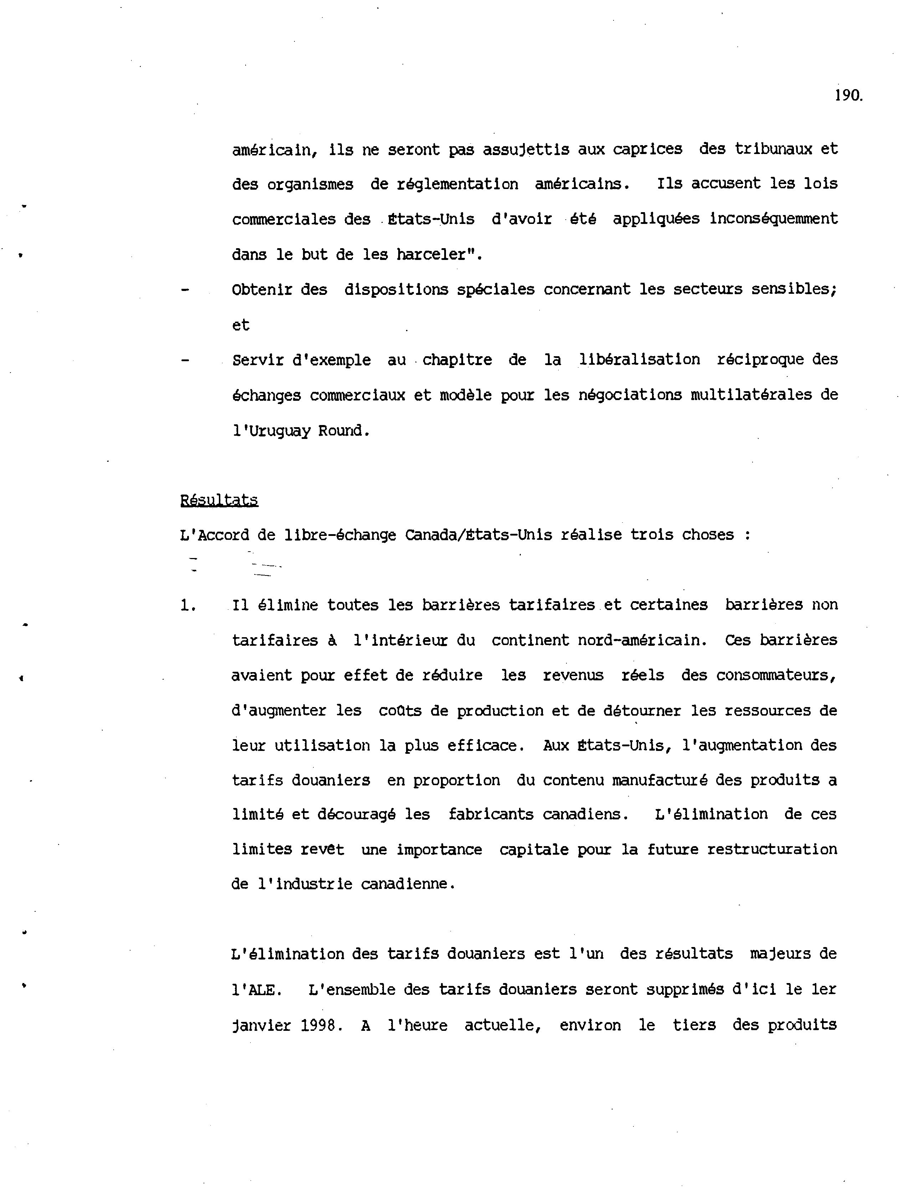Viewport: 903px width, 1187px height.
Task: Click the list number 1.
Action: coord(188,606)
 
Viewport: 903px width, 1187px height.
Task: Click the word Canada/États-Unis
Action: coord(478,536)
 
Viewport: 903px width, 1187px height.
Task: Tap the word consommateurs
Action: coord(776,676)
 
